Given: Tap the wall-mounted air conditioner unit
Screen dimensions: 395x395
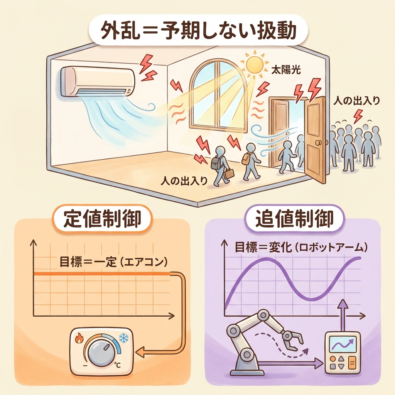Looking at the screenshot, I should click(98, 81).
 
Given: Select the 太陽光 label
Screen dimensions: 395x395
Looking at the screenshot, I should click(286, 70).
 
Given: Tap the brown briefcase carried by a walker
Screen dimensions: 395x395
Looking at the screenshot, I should click(229, 173).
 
